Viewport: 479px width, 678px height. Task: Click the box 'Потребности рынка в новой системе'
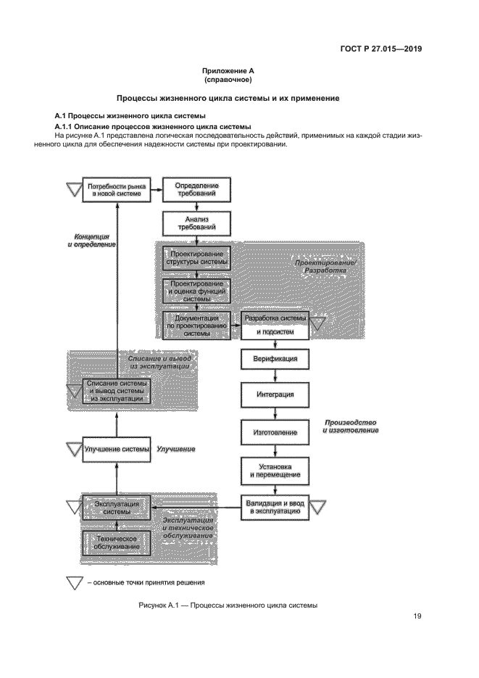[117, 191]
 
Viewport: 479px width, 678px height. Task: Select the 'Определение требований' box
[197, 191]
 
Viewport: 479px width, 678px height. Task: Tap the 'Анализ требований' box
[197, 223]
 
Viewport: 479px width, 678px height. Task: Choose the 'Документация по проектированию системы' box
[197, 324]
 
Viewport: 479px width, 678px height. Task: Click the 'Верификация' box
[275, 359]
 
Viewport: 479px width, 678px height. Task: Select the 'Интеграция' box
[275, 395]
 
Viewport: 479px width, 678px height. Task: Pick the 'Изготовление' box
[275, 432]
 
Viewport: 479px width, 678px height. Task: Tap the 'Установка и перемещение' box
[275, 471]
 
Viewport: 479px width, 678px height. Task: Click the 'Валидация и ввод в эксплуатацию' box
[275, 506]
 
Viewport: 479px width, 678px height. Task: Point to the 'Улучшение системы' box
[117, 449]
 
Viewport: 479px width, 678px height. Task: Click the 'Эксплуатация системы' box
[117, 506]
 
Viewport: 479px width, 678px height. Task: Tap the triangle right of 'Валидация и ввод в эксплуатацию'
[318, 504]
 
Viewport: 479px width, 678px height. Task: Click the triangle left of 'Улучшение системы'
[74, 449]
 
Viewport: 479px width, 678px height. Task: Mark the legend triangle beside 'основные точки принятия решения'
[74, 582]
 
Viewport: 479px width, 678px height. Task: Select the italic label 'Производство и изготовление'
[351, 426]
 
